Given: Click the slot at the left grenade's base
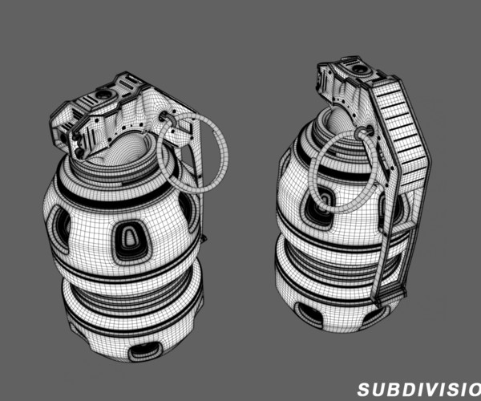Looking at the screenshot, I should [145, 349].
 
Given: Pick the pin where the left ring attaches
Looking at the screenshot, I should [169, 118].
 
